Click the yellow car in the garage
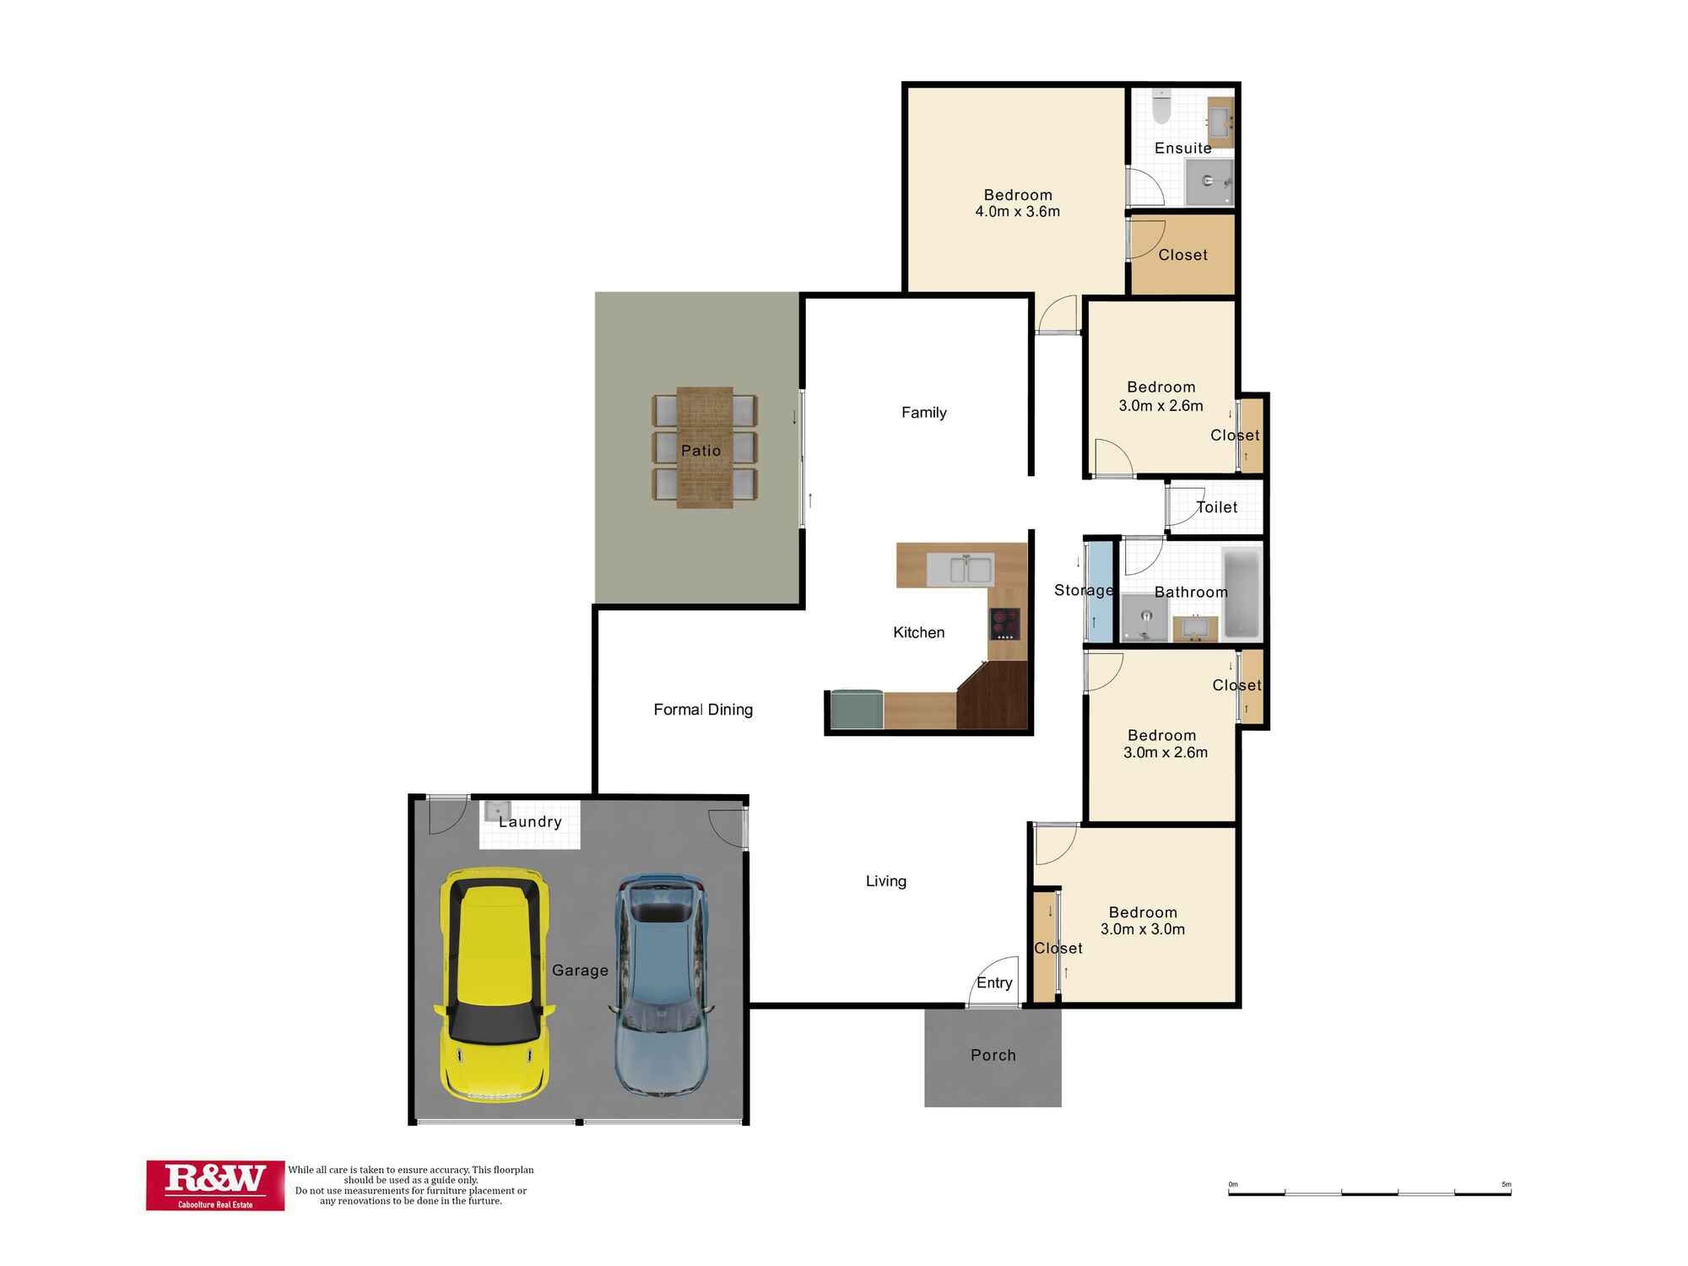pyautogui.click(x=495, y=984)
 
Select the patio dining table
pyautogui.click(x=704, y=447)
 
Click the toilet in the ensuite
pyautogui.click(x=1162, y=106)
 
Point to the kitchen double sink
pyautogui.click(x=960, y=570)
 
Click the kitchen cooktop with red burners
pyautogui.click(x=1004, y=624)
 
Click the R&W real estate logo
pyautogui.click(x=215, y=1185)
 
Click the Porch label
pyautogui.click(x=993, y=1055)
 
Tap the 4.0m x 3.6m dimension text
pyautogui.click(x=1017, y=212)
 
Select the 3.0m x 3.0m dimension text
pyautogui.click(x=1142, y=929)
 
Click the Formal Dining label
pyautogui.click(x=703, y=710)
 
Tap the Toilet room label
pyautogui.click(x=1216, y=507)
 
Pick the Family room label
pyautogui.click(x=923, y=413)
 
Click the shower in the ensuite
pyautogui.click(x=1209, y=181)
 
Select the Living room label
pyautogui.click(x=885, y=881)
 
